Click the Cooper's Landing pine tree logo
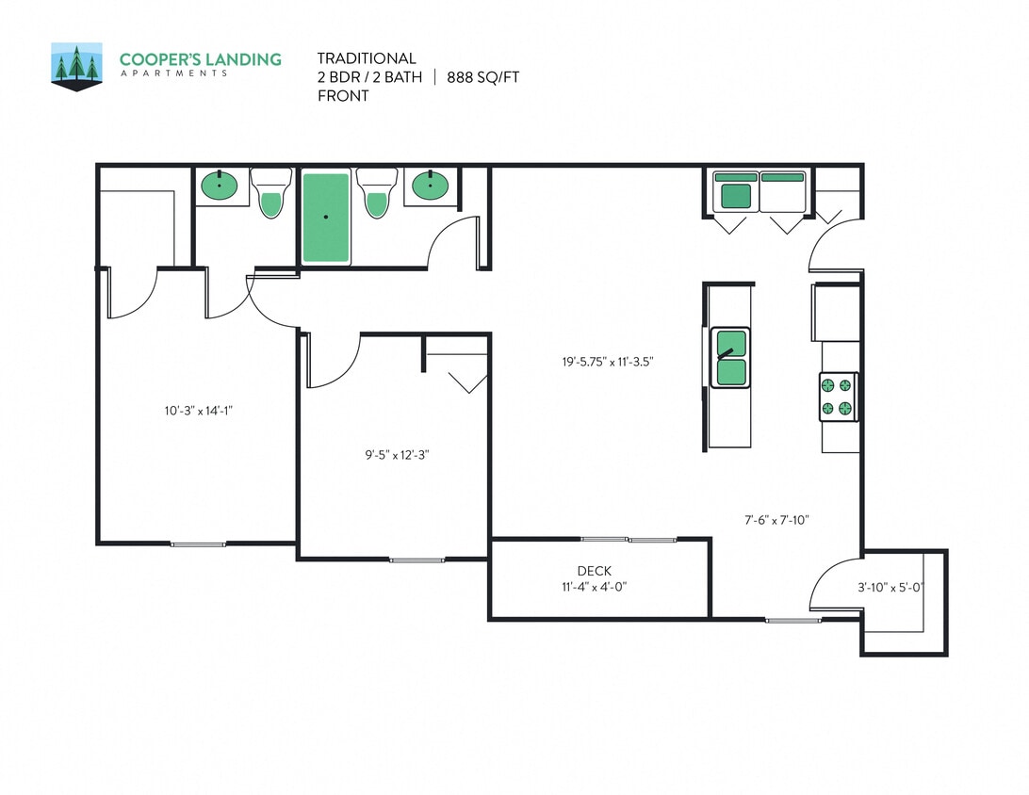[76, 66]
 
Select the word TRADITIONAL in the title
[367, 58]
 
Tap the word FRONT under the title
[342, 95]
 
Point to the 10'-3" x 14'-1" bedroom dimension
[199, 410]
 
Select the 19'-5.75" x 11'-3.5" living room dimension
[607, 361]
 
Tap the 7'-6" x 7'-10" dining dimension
[776, 519]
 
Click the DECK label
[594, 571]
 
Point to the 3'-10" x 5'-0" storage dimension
[890, 588]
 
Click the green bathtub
[325, 217]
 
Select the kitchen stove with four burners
[837, 397]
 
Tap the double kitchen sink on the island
[730, 357]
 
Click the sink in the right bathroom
[432, 186]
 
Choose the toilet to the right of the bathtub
[377, 193]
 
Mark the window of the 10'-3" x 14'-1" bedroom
[198, 544]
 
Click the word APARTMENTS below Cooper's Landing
[173, 73]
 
